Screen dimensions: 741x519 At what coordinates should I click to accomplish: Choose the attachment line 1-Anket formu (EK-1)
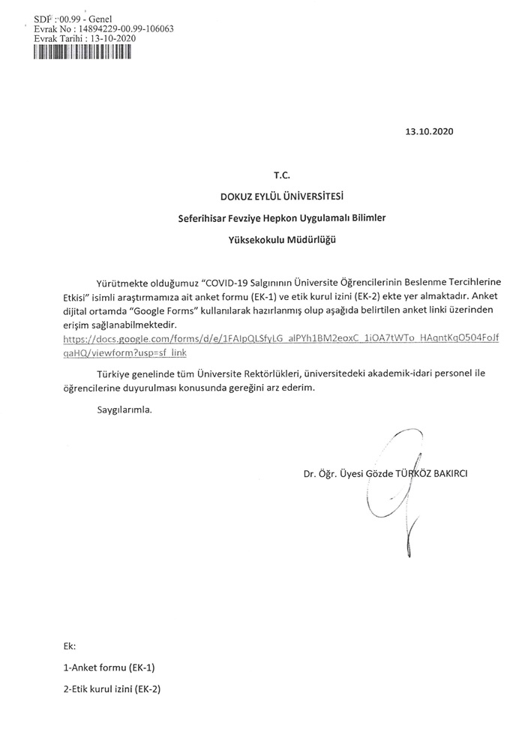click(109, 667)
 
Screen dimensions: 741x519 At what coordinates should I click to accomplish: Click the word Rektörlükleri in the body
click(300, 373)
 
